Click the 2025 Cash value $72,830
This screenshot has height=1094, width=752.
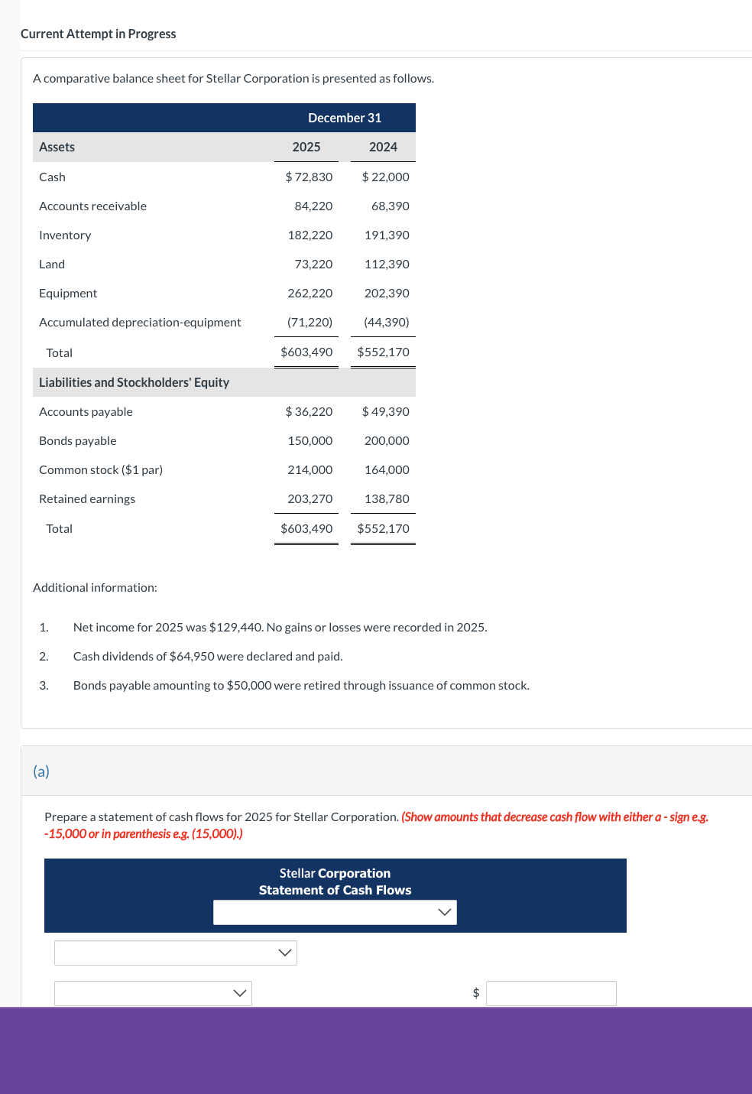tap(309, 177)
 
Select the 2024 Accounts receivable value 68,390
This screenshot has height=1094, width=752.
tap(390, 206)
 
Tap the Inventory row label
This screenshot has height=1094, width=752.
tap(65, 235)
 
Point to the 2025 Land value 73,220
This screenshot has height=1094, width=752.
tap(313, 265)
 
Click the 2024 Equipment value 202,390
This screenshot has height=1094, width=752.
tap(387, 294)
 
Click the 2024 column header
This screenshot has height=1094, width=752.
tap(383, 147)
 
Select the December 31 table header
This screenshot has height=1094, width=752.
tap(345, 118)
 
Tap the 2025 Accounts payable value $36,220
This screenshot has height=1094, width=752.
tap(309, 412)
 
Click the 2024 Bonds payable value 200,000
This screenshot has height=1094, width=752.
tap(387, 441)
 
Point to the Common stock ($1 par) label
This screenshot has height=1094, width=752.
tap(101, 470)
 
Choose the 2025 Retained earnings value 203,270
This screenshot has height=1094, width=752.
tap(310, 499)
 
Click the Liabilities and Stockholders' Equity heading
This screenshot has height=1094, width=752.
tap(134, 382)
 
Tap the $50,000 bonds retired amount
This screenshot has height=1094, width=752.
tap(249, 686)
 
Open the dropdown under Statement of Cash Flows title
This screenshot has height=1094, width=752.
tap(335, 912)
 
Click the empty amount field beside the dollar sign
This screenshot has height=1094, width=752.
tap(551, 993)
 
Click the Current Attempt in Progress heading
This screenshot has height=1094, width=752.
tap(98, 34)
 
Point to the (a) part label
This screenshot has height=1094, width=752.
tap(41, 771)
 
